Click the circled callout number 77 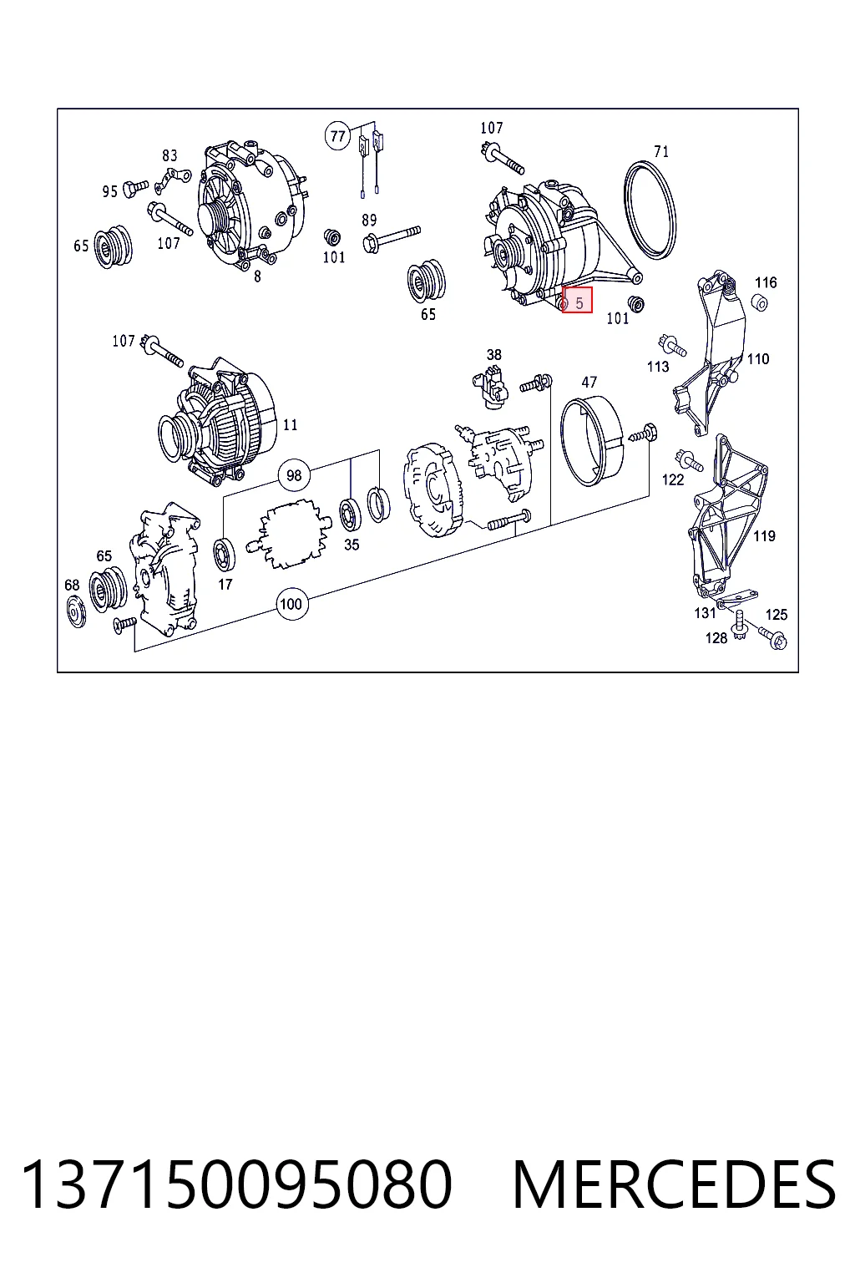[x=338, y=136]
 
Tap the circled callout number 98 [x=294, y=475]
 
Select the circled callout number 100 [x=291, y=604]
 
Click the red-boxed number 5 [x=579, y=303]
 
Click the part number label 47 [x=589, y=382]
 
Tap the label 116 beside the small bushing [x=766, y=282]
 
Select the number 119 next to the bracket [x=764, y=536]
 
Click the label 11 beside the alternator [x=290, y=424]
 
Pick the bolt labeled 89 [x=391, y=237]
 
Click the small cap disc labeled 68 [x=76, y=611]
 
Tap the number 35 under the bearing [x=352, y=545]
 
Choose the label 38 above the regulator [x=493, y=355]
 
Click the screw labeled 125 [x=772, y=637]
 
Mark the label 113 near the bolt [x=657, y=366]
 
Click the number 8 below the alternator [x=257, y=276]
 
